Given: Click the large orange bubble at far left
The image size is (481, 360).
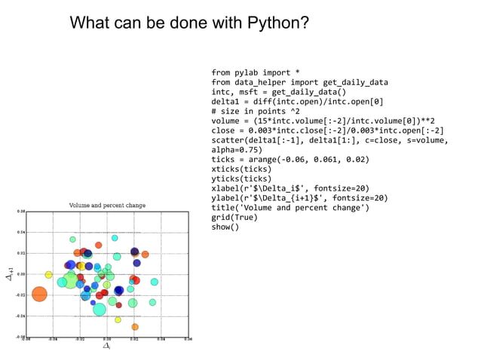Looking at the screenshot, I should pyautogui.click(x=39, y=294).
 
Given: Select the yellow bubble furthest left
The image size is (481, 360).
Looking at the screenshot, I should pyautogui.click(x=48, y=275).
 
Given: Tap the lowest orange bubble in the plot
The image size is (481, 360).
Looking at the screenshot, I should pyautogui.click(x=135, y=327).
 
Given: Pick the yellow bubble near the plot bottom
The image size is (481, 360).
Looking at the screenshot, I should pyautogui.click(x=118, y=319).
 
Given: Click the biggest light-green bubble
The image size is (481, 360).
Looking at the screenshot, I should pyautogui.click(x=71, y=280).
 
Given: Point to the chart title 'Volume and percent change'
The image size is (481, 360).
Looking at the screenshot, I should pyautogui.click(x=107, y=205).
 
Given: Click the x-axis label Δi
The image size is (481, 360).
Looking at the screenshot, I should pyautogui.click(x=106, y=346).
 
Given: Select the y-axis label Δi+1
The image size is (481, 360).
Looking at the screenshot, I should pyautogui.click(x=10, y=273).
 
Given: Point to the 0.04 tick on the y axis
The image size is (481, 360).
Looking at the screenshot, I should pyautogui.click(x=21, y=233).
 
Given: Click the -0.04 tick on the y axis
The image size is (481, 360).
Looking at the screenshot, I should pyautogui.click(x=21, y=316).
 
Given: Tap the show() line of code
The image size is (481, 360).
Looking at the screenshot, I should pyautogui.click(x=225, y=227).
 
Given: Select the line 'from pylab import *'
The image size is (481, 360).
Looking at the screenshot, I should pyautogui.click(x=255, y=73).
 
